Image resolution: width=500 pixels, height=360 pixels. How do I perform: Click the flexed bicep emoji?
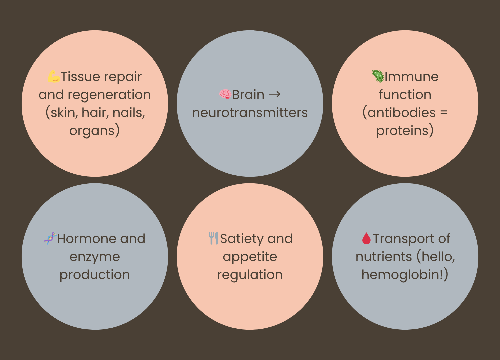tap(54, 76)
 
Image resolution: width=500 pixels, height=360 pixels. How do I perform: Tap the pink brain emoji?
tap(225, 94)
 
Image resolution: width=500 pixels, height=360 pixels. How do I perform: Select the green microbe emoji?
tap(378, 76)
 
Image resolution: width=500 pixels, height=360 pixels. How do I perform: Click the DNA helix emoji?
tap(50, 238)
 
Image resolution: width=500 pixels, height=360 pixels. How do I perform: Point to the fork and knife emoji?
tap(213, 238)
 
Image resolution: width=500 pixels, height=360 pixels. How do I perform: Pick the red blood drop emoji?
tap(366, 238)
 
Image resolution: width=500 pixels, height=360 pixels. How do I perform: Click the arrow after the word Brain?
tap(274, 94)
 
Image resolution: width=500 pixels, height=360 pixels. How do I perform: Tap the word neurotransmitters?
tap(250, 113)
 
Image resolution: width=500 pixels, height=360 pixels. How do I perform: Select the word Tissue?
tap(80, 77)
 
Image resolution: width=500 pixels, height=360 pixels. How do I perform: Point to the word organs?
tap(92, 131)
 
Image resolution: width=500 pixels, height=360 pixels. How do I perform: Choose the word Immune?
tap(412, 77)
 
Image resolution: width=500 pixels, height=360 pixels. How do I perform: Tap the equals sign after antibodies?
tap(444, 113)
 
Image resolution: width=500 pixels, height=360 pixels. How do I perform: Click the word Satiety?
tap(242, 239)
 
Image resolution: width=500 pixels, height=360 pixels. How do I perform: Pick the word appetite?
tap(250, 257)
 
